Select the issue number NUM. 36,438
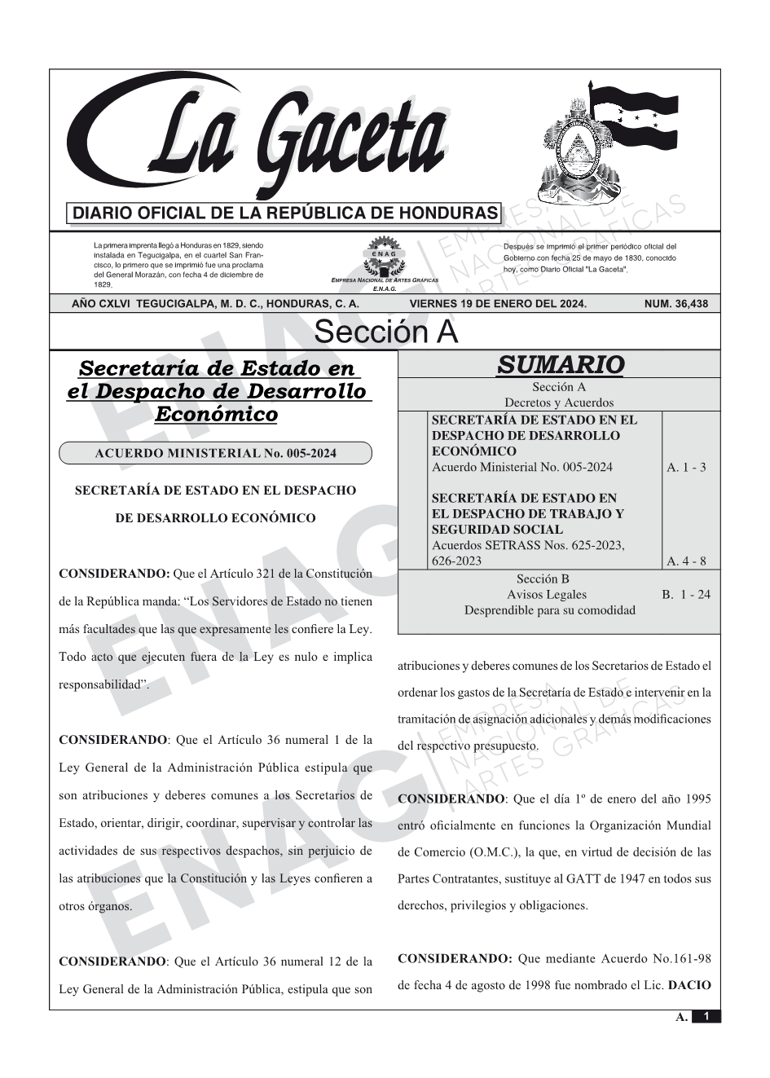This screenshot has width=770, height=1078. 675,304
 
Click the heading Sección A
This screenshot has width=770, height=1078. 385,332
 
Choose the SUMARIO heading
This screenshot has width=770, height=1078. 560,365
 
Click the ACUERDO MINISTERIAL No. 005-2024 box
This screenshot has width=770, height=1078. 215,453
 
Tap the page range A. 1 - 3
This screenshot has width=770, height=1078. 686,468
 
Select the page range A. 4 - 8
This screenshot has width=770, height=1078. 686,561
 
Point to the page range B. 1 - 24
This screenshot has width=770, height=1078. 686,595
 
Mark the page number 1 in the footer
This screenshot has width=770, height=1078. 706,1016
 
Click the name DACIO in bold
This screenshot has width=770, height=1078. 689,985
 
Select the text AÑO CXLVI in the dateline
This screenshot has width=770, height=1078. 102,304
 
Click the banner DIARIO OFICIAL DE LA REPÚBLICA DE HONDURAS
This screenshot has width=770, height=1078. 285,213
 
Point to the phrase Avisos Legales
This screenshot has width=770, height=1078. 546,595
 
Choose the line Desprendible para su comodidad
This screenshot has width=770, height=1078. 549,610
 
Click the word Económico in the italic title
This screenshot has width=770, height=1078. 216,414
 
